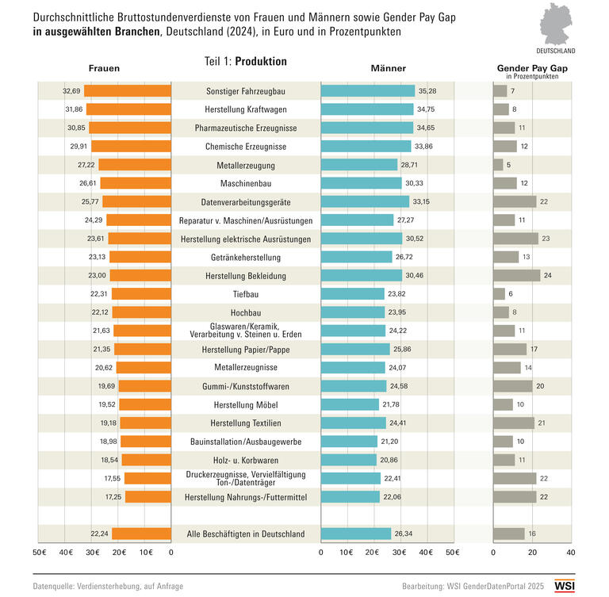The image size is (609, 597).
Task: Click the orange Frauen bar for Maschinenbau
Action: (x=136, y=183)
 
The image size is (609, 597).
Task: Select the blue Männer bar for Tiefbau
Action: (x=352, y=293)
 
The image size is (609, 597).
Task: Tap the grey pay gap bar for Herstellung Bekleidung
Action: (x=516, y=275)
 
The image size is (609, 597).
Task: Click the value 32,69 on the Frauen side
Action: (x=72, y=91)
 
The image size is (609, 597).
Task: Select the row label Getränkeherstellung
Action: (x=246, y=257)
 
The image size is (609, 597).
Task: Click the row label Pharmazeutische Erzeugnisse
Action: (x=246, y=128)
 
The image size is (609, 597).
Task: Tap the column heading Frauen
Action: (x=104, y=68)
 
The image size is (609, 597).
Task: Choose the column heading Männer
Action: (x=389, y=68)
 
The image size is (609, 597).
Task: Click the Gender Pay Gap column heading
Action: (x=531, y=69)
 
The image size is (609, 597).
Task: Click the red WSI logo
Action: (x=565, y=586)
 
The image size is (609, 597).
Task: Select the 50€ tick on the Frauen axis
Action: (x=39, y=551)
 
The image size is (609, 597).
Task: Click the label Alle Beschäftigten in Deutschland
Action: (x=246, y=534)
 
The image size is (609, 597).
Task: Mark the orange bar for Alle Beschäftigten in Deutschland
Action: (x=141, y=534)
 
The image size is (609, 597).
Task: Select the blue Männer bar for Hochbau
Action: (x=352, y=312)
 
